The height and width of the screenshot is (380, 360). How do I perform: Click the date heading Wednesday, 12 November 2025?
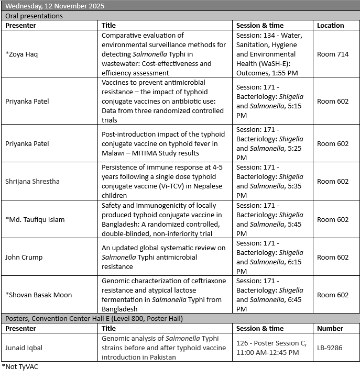tap(54, 6)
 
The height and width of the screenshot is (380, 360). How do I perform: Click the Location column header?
tap(331, 25)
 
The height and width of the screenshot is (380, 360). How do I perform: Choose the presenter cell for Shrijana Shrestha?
tap(32, 182)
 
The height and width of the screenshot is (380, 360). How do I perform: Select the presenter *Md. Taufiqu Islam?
tap(35, 219)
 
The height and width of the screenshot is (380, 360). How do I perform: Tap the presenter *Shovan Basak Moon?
tap(37, 295)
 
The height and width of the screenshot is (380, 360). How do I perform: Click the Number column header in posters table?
tap(330, 328)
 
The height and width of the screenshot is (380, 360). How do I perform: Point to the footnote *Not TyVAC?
tap(20, 366)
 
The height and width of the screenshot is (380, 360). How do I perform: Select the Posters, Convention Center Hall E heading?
tap(94, 318)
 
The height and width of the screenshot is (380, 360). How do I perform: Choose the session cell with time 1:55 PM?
tap(270, 54)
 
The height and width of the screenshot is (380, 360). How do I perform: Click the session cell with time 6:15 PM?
tap(270, 257)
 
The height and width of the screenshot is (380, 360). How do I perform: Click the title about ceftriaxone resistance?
tap(163, 295)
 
